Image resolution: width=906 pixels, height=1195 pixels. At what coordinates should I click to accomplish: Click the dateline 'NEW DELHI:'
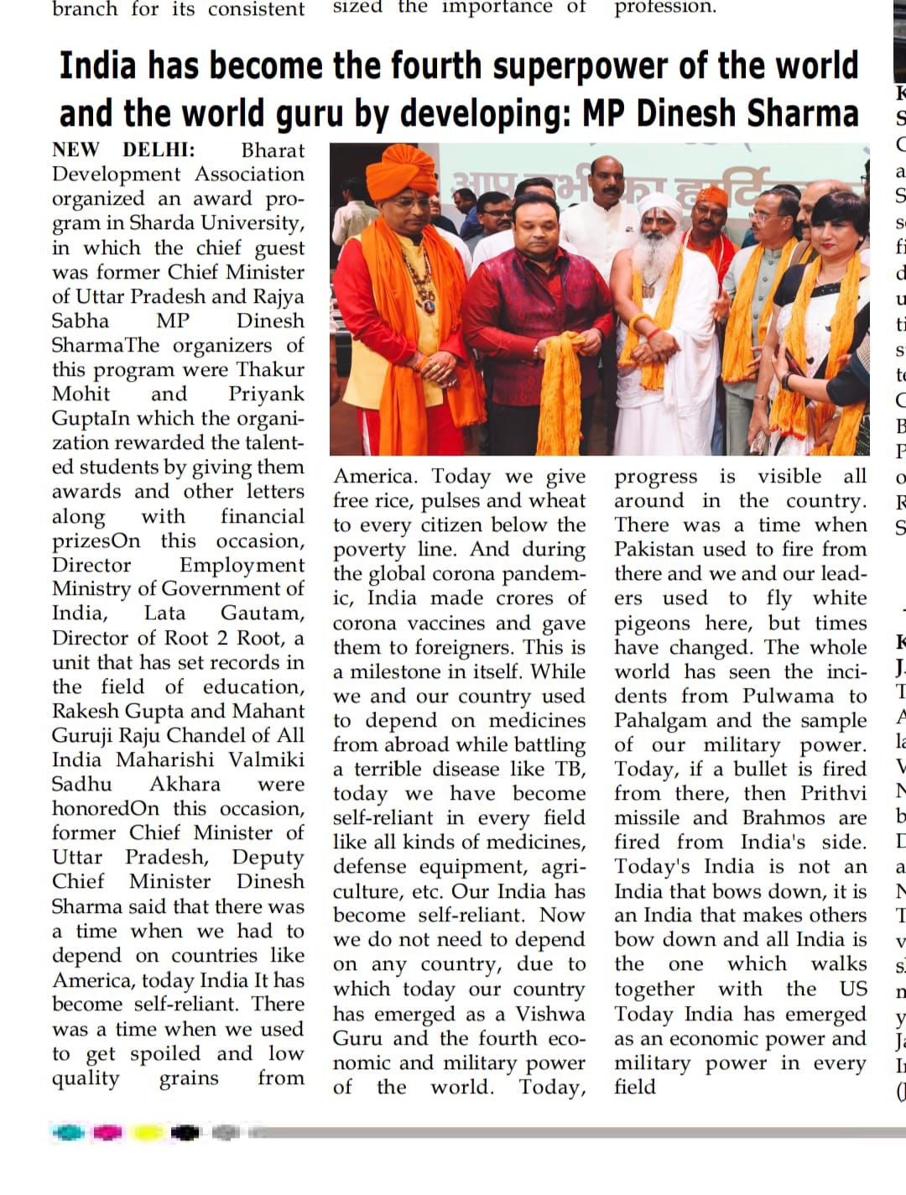click(123, 150)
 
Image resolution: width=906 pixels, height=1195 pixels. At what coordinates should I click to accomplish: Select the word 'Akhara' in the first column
click(185, 784)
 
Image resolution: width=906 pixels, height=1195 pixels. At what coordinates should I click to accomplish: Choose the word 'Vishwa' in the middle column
click(550, 1014)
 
